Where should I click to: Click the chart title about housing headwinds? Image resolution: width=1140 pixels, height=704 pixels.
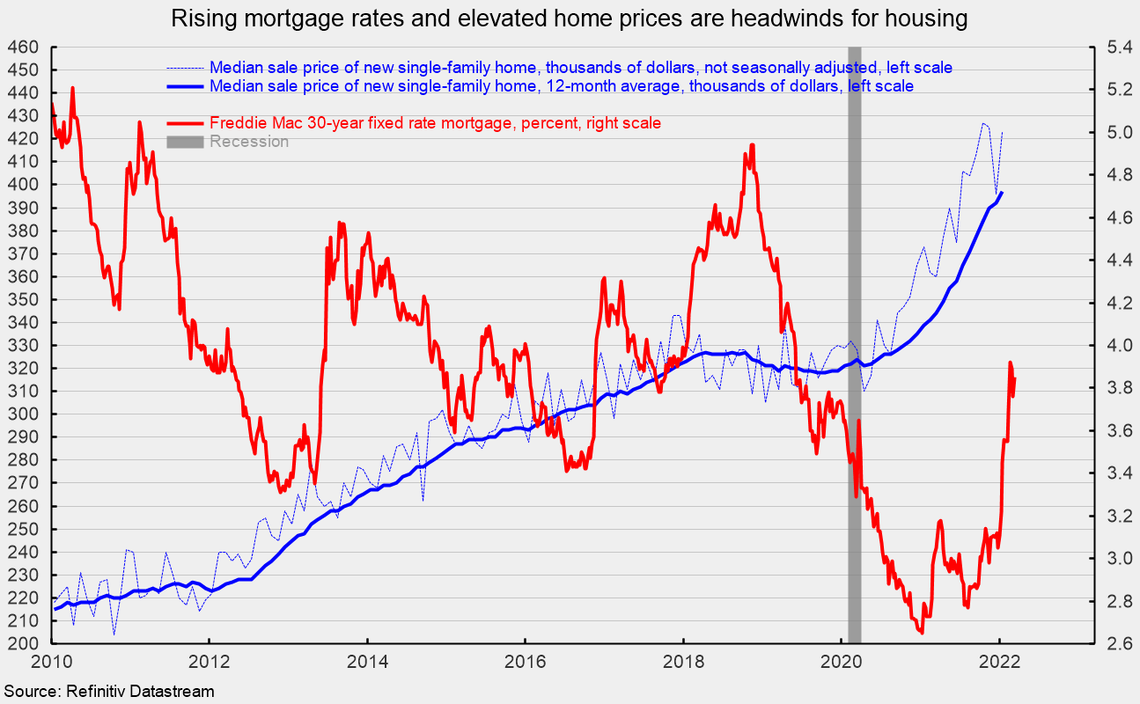click(x=570, y=18)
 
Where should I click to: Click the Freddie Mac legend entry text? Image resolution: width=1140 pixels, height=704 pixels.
click(x=435, y=123)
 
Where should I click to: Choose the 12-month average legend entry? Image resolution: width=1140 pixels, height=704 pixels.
click(x=561, y=86)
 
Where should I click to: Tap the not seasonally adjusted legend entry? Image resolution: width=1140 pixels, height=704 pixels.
click(x=581, y=67)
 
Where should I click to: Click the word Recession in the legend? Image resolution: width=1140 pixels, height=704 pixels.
click(x=248, y=142)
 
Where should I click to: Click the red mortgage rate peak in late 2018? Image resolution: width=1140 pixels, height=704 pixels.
click(x=752, y=145)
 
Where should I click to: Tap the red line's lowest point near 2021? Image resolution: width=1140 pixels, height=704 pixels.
click(x=921, y=632)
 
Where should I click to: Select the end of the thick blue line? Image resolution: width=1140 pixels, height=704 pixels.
click(x=1002, y=193)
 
